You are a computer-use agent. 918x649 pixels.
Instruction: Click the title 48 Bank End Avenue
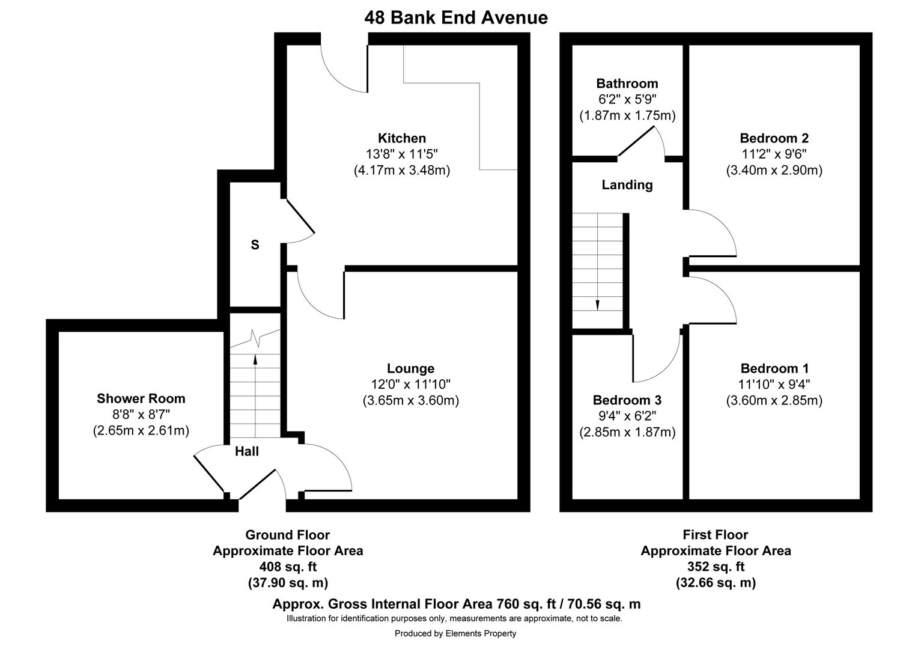point(455,17)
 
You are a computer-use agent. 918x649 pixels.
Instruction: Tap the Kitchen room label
point(401,138)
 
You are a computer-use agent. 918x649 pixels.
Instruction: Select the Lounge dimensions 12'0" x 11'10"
point(410,384)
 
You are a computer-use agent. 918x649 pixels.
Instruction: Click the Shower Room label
point(141,398)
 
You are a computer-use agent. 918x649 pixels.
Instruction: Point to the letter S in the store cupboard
point(255,245)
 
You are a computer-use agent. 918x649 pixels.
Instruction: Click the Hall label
point(246,451)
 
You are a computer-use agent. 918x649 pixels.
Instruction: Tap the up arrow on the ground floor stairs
point(255,360)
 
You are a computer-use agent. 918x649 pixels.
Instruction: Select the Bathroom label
point(627,84)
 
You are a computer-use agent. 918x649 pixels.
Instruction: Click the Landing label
point(627,185)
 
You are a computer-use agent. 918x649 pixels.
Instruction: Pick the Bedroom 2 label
point(774,138)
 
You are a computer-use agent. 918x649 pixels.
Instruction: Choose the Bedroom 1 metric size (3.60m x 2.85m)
point(774,400)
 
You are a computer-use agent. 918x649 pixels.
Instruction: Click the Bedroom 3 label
point(627,400)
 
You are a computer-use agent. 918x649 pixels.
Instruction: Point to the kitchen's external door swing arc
point(336,78)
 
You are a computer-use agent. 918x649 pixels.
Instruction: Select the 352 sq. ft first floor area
point(715,567)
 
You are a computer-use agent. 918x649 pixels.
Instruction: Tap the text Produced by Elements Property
point(455,633)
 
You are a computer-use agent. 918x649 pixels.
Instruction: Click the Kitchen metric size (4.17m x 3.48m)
point(401,170)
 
